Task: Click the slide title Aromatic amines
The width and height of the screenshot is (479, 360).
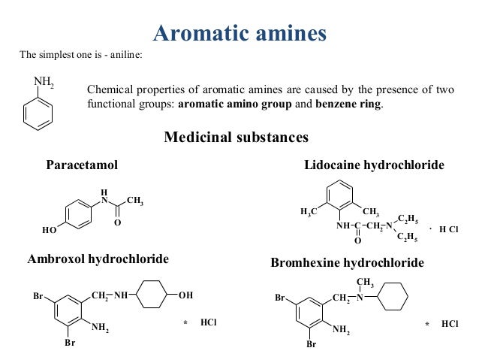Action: [x=239, y=32]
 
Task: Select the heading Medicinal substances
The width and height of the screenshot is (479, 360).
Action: [x=236, y=138]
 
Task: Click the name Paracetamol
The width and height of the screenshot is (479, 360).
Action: [x=82, y=165]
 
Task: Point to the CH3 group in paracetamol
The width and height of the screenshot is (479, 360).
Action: [x=134, y=201]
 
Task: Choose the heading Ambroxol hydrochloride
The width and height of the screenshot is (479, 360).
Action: [x=98, y=259]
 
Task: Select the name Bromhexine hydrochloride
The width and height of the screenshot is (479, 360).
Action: [x=347, y=263]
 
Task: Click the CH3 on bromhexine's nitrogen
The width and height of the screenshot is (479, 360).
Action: [x=366, y=282]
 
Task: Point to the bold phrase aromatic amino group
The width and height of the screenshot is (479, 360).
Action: [x=234, y=104]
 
